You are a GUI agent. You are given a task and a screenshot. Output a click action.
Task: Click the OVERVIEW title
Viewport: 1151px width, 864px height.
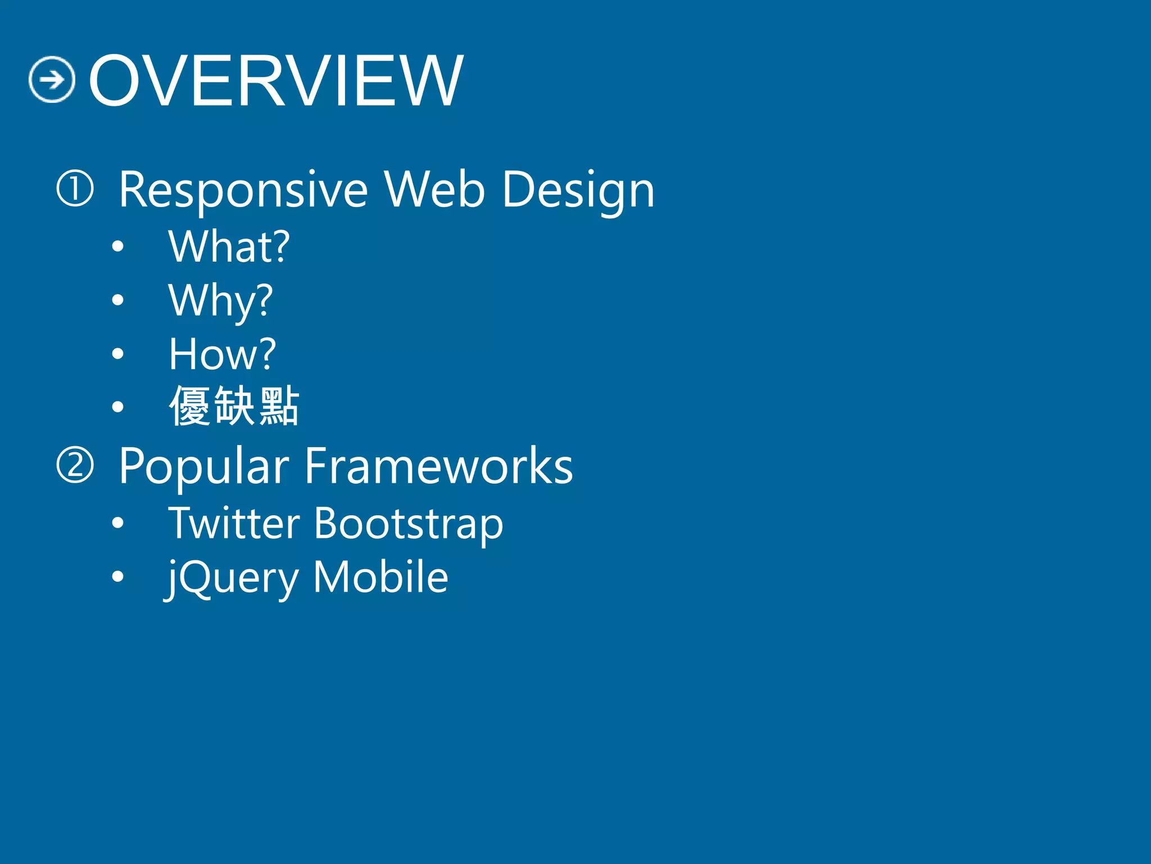[x=275, y=80]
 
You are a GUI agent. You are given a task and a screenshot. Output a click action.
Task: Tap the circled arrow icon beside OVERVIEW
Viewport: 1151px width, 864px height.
[x=52, y=80]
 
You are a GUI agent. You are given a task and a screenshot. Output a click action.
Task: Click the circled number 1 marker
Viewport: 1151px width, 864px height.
[x=75, y=189]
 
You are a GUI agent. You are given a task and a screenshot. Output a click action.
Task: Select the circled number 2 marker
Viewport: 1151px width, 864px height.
[x=75, y=465]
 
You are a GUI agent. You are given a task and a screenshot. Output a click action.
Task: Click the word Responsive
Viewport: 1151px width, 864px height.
[x=243, y=190]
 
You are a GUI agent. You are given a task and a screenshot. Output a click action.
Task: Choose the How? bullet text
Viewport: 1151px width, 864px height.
[x=223, y=354]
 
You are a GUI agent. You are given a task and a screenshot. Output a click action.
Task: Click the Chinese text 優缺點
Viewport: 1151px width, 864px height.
[x=234, y=406]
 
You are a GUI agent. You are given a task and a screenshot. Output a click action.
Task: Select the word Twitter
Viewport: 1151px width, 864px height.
[x=234, y=523]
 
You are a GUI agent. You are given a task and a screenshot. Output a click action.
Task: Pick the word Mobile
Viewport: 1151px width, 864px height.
[x=380, y=577]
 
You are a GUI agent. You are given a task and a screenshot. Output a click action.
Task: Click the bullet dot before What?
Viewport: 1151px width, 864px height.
[x=117, y=246]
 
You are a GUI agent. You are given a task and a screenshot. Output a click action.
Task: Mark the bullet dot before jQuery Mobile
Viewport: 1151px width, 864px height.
[x=117, y=577]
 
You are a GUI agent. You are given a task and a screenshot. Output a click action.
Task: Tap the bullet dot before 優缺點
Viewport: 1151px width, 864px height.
[x=117, y=407]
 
